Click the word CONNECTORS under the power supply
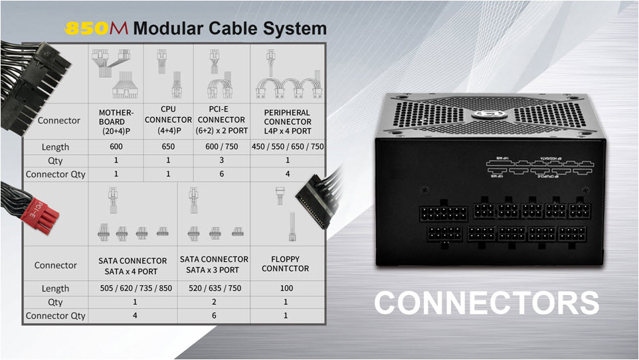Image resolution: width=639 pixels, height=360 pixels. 486,303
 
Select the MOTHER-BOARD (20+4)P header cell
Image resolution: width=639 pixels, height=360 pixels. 117,121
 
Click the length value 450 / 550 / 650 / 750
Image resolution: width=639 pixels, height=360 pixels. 288,147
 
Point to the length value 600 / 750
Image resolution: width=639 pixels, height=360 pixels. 221,147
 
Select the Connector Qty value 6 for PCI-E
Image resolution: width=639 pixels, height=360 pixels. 221,174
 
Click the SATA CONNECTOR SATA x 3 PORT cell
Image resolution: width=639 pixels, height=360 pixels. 214,264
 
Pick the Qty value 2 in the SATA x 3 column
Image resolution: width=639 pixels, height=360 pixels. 214,302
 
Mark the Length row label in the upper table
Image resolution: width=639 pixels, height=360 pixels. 56,147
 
